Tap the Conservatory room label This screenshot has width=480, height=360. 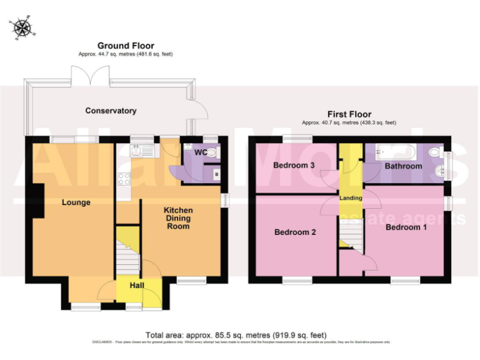[x=111, y=111]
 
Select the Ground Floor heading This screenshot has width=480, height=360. [x=126, y=46]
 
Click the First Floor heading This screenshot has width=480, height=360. [x=349, y=114]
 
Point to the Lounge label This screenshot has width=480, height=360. [x=76, y=202]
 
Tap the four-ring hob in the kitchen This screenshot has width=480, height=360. [x=124, y=178]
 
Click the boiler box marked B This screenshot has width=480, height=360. [x=216, y=174]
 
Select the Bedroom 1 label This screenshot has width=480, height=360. [x=406, y=227]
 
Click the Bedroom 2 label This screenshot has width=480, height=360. [x=296, y=232]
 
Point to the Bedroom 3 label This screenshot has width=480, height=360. [x=294, y=166]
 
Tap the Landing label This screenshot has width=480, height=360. [x=351, y=198]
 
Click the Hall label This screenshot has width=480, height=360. [x=137, y=286]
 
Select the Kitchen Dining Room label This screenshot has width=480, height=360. [x=178, y=218]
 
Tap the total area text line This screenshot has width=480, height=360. [x=236, y=335]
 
